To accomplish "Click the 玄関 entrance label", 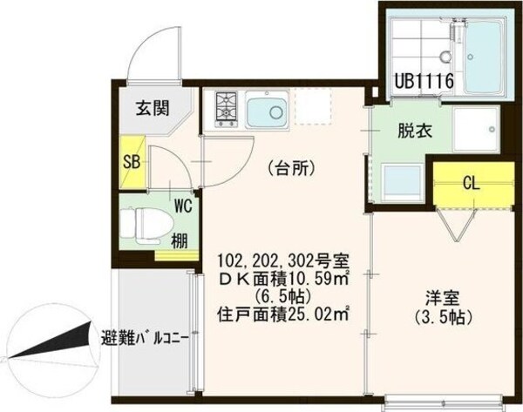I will pos(152,110).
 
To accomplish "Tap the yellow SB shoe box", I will pos(131,161).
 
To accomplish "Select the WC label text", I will pos(183,206).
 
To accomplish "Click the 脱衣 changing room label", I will pos(415,132).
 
